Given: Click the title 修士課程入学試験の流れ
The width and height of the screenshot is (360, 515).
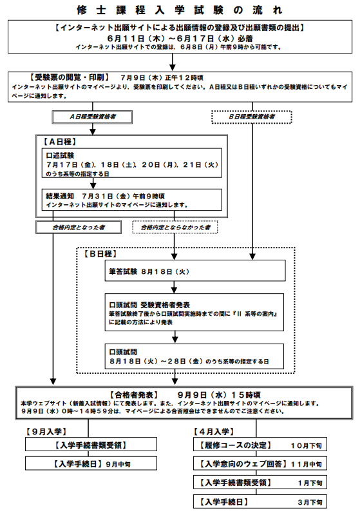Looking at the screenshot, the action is (x=180, y=10).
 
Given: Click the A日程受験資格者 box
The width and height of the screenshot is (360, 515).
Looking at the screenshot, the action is (x=92, y=117).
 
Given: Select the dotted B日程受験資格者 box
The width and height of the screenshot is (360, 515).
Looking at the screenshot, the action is (x=252, y=117).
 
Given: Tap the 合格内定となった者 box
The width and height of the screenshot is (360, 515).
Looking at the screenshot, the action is (x=79, y=228).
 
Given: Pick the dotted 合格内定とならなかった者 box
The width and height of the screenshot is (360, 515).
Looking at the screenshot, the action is (x=175, y=228).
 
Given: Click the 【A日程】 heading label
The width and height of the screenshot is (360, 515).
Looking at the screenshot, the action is (x=60, y=142).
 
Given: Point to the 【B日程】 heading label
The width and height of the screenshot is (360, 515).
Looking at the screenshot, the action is (x=100, y=254).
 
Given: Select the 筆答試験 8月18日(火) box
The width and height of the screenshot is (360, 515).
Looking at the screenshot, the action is (x=195, y=271).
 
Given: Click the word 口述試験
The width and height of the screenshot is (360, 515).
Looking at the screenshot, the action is (x=60, y=155).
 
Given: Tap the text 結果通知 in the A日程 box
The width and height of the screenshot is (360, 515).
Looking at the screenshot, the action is (x=60, y=196).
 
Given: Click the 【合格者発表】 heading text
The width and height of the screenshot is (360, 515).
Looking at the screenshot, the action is (x=134, y=394).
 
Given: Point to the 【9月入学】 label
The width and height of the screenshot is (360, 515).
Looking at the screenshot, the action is (x=46, y=432).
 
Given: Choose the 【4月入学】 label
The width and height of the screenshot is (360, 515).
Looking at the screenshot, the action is (x=214, y=432).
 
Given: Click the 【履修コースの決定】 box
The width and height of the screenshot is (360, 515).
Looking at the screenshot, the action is (x=260, y=445).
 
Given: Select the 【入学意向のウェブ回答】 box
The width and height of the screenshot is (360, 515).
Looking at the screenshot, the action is (x=260, y=463).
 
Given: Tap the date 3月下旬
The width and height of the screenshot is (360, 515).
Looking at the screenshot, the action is (x=310, y=502).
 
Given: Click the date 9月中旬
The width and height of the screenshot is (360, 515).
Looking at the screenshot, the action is (x=118, y=464).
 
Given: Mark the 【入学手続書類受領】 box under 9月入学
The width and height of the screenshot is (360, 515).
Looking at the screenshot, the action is (x=91, y=445).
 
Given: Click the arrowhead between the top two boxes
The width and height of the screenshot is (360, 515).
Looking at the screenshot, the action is (x=173, y=67).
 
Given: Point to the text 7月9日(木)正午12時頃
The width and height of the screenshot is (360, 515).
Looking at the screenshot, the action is (x=162, y=78).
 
